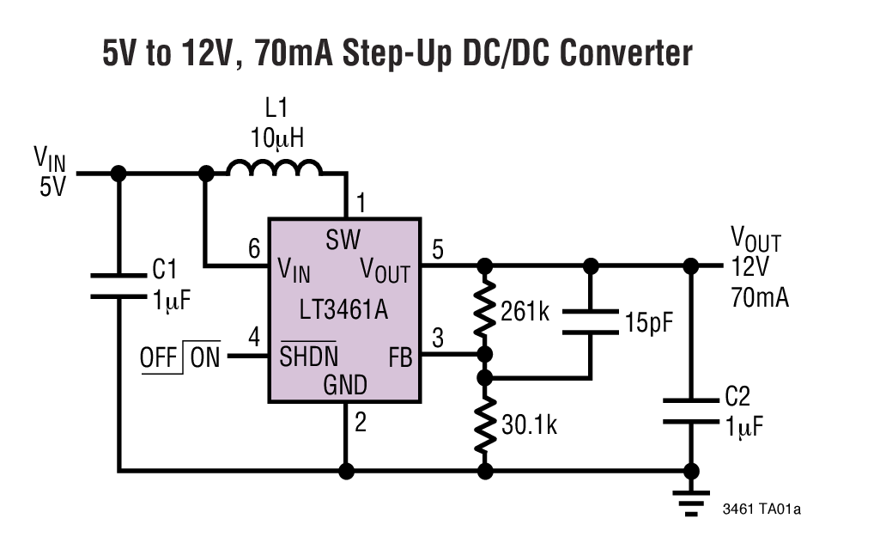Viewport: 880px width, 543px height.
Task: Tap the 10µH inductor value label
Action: (x=277, y=137)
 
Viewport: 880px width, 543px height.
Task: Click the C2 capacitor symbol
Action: (x=691, y=411)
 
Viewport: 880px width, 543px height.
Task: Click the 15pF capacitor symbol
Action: (x=591, y=322)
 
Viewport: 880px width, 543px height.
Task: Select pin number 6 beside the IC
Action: (x=254, y=250)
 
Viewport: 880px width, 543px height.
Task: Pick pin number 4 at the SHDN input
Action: (x=254, y=337)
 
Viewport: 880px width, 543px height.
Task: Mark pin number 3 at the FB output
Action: (x=438, y=339)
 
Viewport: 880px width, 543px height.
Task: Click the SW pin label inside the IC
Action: (x=343, y=239)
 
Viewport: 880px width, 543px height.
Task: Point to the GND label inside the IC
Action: (x=344, y=384)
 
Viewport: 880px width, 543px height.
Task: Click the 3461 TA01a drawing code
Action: (x=761, y=509)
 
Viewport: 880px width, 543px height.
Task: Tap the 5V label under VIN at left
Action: (x=52, y=186)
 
